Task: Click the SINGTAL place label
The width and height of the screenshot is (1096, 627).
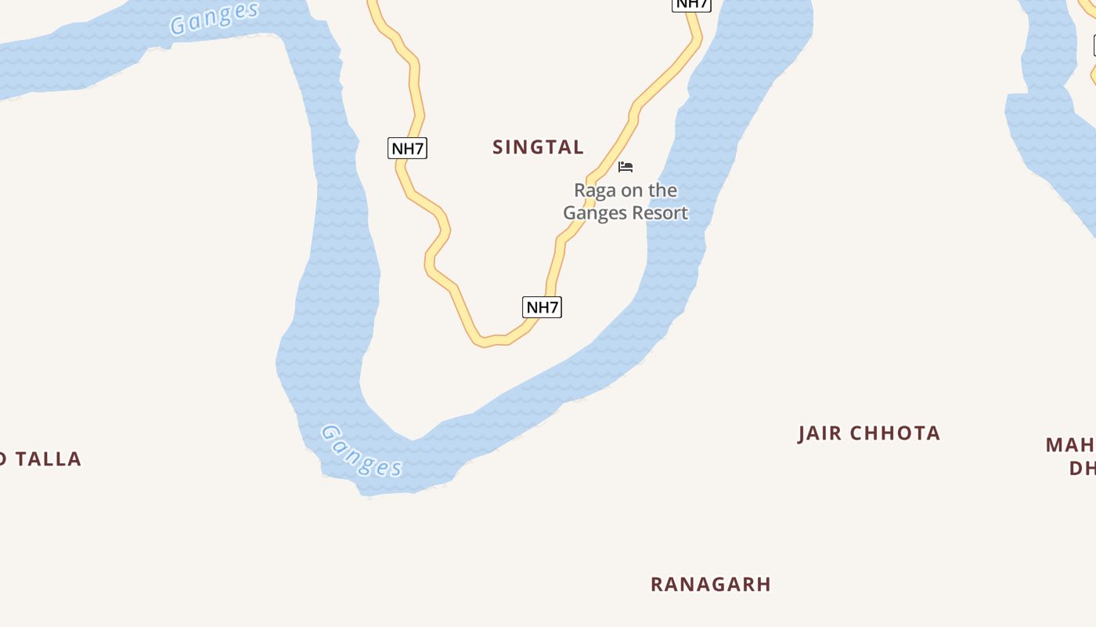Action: point(538,147)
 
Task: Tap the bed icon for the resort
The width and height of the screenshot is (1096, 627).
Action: point(626,167)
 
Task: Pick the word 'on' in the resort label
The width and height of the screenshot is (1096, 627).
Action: point(630,190)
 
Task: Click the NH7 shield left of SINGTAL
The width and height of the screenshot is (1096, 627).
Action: point(407,148)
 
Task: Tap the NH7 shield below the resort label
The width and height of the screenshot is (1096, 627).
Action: point(542,307)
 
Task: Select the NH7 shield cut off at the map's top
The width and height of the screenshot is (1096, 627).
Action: point(691,4)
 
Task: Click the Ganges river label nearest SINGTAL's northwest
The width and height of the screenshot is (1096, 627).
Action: point(215,17)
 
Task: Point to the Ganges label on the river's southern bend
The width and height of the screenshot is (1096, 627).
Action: point(362,451)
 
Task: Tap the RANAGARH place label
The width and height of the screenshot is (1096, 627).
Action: point(711,585)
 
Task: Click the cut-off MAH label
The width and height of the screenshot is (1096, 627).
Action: point(1070,445)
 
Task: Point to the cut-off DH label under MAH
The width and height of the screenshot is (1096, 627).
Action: point(1082,469)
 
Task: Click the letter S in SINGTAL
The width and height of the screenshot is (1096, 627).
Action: point(499,147)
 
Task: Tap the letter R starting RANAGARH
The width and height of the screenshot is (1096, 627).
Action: point(657,585)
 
